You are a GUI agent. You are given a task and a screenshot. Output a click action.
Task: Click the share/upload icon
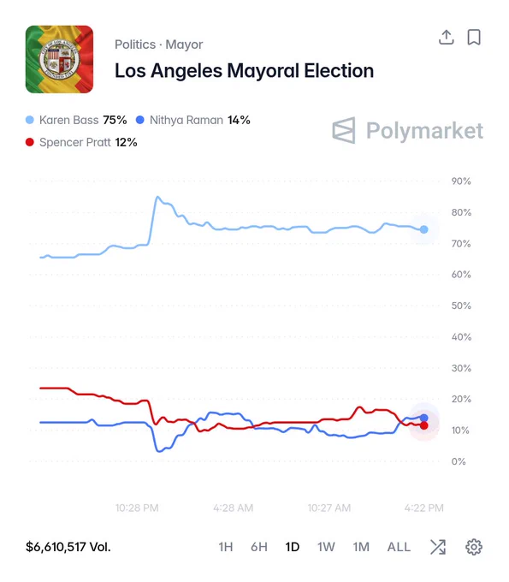pyautogui.click(x=447, y=37)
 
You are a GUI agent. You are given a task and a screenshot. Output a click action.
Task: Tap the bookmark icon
pyautogui.click(x=474, y=37)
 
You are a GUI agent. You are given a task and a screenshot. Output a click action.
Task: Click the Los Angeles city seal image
pyautogui.click(x=59, y=59)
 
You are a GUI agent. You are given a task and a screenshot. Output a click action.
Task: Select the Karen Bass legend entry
pyautogui.click(x=76, y=120)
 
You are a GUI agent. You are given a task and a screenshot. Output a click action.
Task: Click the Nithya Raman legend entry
pyautogui.click(x=193, y=120)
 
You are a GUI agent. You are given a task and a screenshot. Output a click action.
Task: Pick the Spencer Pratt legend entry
pyautogui.click(x=81, y=142)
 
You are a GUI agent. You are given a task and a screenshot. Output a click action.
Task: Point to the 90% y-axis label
pyautogui.click(x=461, y=181)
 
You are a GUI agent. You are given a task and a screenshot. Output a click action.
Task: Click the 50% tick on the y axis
pyautogui.click(x=461, y=306)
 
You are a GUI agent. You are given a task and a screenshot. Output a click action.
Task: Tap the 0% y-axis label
pyautogui.click(x=459, y=461)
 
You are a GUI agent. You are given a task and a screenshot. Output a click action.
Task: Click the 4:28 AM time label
pyautogui.click(x=234, y=508)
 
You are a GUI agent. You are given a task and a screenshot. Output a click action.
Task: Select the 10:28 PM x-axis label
pyautogui.click(x=137, y=508)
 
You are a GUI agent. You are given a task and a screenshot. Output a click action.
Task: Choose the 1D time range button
pyautogui.click(x=293, y=547)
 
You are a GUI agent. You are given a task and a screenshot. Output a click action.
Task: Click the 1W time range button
pyautogui.click(x=326, y=547)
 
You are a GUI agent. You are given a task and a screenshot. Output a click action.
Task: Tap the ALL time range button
pyautogui.click(x=399, y=547)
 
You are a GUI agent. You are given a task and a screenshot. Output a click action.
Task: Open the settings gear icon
pyautogui.click(x=474, y=547)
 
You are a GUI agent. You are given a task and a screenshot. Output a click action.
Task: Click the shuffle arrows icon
pyautogui.click(x=438, y=547)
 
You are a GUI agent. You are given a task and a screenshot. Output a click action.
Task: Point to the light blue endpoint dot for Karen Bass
pyautogui.click(x=424, y=229)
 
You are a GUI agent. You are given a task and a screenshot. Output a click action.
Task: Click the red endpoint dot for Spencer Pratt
pyautogui.click(x=424, y=425)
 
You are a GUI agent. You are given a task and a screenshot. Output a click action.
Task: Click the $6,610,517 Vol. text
pyautogui.click(x=68, y=547)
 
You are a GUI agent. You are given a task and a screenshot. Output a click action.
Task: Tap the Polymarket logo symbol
pyautogui.click(x=344, y=130)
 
